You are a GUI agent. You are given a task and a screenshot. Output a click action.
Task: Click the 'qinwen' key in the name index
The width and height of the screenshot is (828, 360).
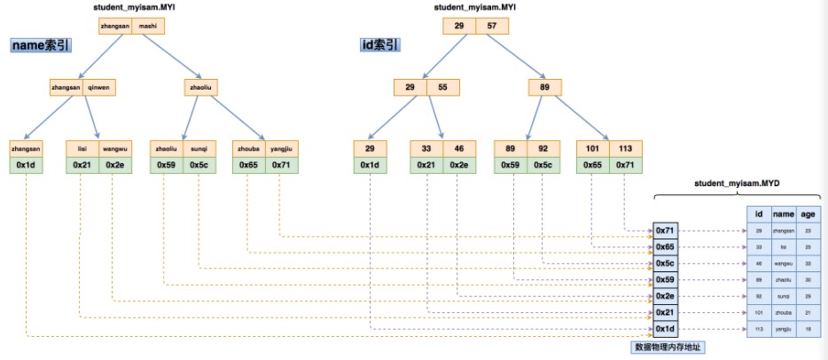pyautogui.click(x=103, y=88)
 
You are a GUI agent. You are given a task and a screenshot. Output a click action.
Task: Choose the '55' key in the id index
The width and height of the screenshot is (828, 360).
pyautogui.click(x=441, y=88)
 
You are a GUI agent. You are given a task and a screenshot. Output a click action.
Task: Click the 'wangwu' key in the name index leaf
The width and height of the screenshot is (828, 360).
pyautogui.click(x=115, y=148)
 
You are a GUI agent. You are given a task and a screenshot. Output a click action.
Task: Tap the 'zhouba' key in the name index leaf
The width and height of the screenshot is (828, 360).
pyautogui.click(x=247, y=148)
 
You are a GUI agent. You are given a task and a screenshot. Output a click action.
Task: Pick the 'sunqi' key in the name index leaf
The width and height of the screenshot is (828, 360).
pyautogui.click(x=198, y=148)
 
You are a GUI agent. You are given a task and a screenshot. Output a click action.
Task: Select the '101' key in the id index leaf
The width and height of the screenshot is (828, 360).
pyautogui.click(x=591, y=148)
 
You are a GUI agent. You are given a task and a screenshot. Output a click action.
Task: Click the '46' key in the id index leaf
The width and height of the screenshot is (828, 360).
pyautogui.click(x=459, y=148)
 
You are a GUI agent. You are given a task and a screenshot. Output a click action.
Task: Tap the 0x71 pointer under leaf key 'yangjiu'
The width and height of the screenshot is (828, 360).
pyautogui.click(x=281, y=165)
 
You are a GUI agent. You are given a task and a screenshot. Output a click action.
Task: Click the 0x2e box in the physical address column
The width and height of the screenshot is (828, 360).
pyautogui.click(x=665, y=295)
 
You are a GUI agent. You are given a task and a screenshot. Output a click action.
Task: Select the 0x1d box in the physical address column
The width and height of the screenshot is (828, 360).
pyautogui.click(x=665, y=329)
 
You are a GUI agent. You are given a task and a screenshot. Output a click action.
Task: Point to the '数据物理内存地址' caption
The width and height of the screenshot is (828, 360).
pyautogui.click(x=667, y=347)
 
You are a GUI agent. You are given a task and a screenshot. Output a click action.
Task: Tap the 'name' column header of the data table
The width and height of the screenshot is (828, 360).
pyautogui.click(x=783, y=213)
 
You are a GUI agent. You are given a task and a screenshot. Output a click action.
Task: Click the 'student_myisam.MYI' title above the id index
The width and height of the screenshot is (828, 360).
pyautogui.click(x=475, y=7)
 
